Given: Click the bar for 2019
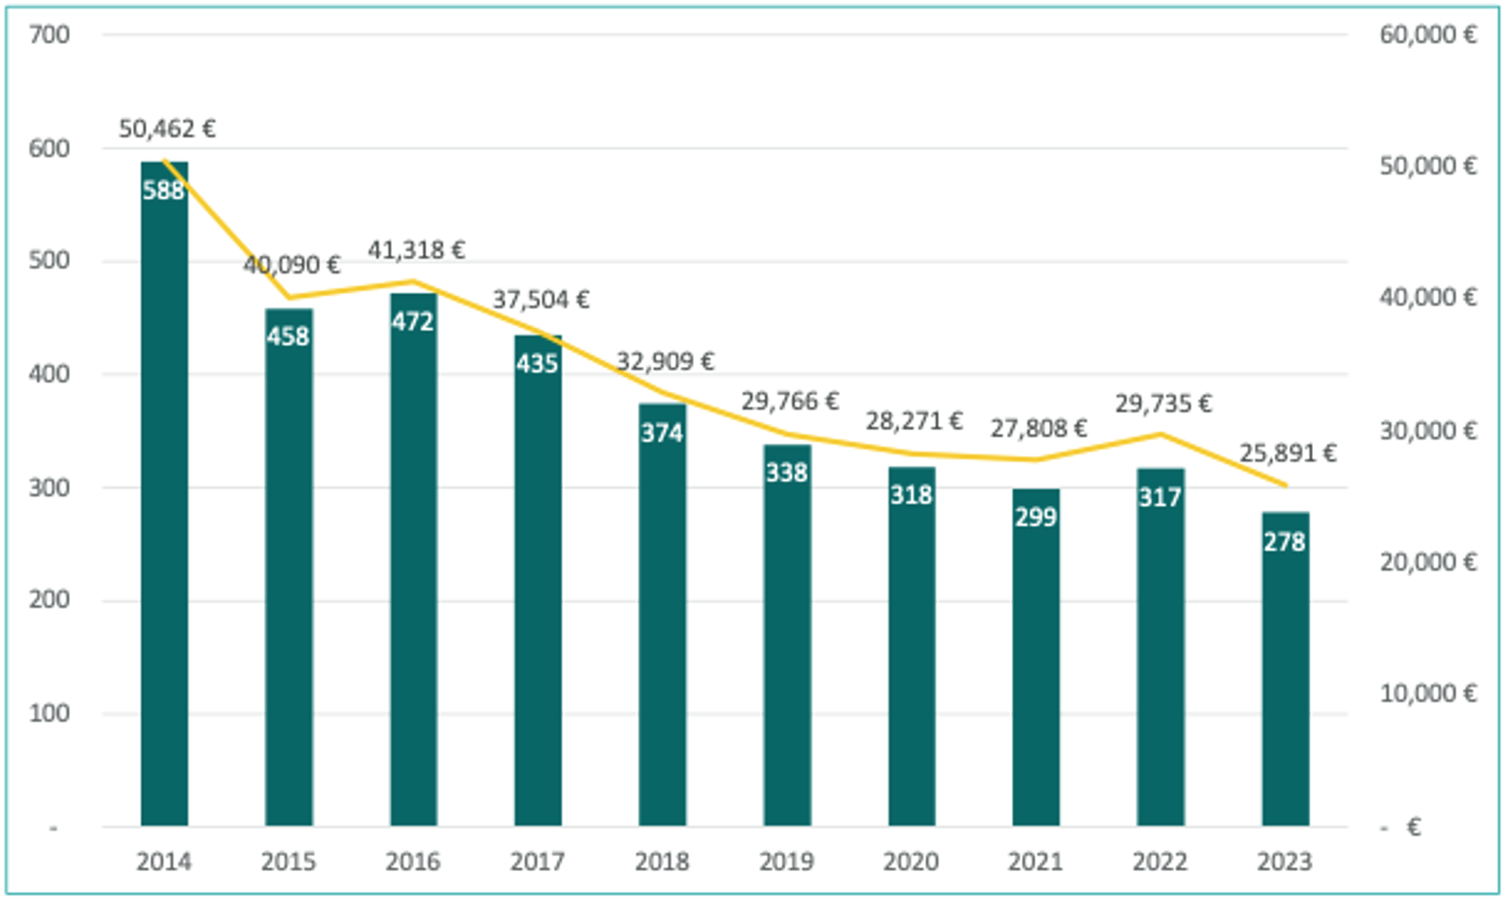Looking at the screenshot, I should click(x=787, y=647).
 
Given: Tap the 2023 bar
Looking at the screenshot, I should click(x=1285, y=682).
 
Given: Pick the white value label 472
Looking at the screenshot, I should click(x=413, y=322).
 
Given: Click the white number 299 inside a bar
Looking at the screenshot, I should click(x=1036, y=517).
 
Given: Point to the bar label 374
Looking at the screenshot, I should click(x=662, y=433).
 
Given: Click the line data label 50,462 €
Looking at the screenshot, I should click(x=167, y=129).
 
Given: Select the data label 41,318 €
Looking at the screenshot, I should click(x=416, y=251).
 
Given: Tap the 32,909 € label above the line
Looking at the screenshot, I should click(x=665, y=361).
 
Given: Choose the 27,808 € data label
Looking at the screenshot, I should click(x=1038, y=429).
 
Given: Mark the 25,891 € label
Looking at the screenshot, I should click(x=1288, y=453).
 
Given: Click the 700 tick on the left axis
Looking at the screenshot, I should click(x=49, y=35).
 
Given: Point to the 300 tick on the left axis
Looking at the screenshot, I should click(x=49, y=488).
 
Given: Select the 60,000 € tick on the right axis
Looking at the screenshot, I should click(x=1427, y=35).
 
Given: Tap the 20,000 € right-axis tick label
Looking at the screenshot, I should click(x=1427, y=562).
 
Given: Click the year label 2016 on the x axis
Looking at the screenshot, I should click(x=413, y=862).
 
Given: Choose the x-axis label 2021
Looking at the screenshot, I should click(x=1035, y=862).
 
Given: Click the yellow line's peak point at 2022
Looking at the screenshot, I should click(x=1161, y=435).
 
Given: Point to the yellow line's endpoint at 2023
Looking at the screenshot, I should click(x=1285, y=485).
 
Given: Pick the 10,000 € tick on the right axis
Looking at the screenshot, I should click(x=1427, y=694).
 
